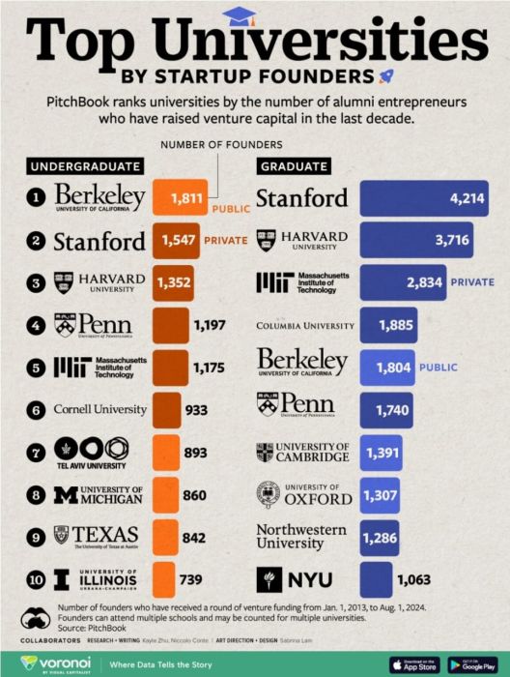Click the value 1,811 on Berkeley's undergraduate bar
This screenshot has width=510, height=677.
click(186, 198)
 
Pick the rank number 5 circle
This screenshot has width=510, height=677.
click(37, 367)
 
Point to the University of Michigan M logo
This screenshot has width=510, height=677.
click(65, 494)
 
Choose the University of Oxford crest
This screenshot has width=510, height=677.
click(269, 494)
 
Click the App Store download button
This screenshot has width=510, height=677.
click(414, 664)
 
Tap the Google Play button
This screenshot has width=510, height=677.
click(472, 664)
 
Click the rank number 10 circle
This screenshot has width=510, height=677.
click(37, 578)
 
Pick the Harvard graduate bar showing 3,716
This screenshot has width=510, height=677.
click(416, 240)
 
